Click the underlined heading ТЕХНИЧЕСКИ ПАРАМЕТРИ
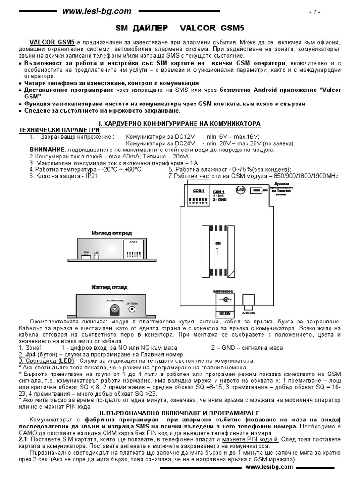59,129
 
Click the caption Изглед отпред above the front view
112,232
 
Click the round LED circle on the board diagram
241,190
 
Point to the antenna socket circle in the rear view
133,309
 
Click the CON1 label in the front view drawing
133,242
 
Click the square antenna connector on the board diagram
247,300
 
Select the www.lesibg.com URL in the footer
269,467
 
